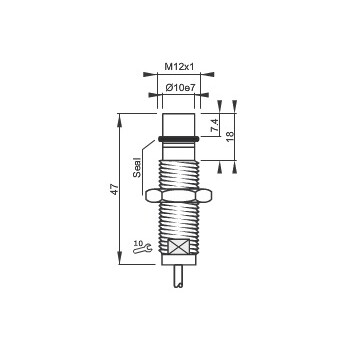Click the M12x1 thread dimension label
pos(179,67)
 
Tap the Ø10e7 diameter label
pos(180,88)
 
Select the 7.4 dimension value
pos(215,127)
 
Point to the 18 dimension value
pos(230,137)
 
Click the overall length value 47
pos(115,189)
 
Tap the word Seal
pos(137,167)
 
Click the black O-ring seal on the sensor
pos(179,138)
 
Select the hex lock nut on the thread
pos(179,196)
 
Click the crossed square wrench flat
pos(179,247)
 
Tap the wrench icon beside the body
pos(143,249)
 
